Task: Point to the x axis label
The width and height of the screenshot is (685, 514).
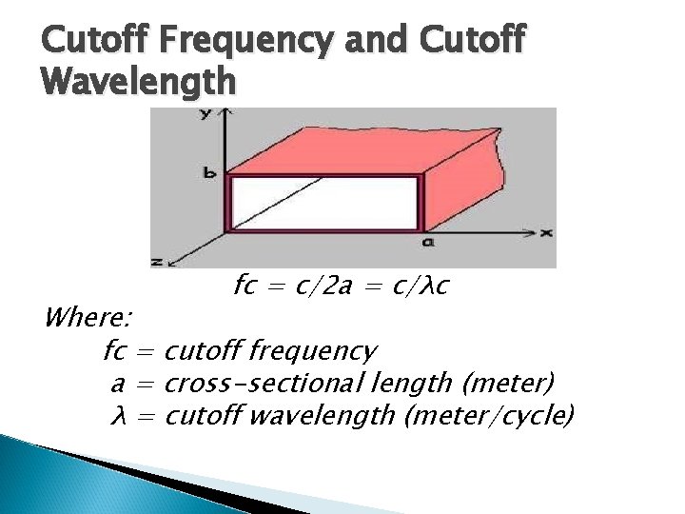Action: coord(547,231)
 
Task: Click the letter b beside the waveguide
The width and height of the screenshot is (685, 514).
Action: coord(209,173)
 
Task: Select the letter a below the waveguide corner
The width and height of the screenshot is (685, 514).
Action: coord(428,243)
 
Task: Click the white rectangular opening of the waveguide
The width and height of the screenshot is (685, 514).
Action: coord(323,202)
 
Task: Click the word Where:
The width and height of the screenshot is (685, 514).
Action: coord(88,316)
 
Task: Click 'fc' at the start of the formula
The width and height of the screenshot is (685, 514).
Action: coord(245,286)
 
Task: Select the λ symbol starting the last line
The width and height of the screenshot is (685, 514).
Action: coord(119,416)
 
